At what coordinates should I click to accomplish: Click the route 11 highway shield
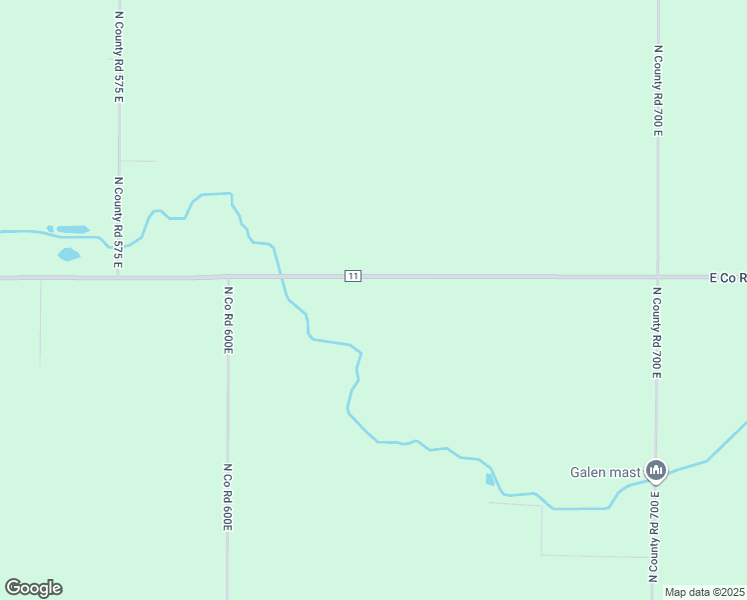coord(353,276)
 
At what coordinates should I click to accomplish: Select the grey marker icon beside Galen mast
coord(656,470)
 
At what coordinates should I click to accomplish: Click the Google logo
coord(33,588)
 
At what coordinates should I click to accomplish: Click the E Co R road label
coord(727,277)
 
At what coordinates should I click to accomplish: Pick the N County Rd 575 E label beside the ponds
coord(118,222)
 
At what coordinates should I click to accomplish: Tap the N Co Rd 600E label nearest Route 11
coord(228,320)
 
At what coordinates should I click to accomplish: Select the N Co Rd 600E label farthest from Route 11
coord(228,496)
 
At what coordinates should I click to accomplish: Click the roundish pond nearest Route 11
coord(68,254)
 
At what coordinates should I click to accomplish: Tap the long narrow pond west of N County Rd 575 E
coord(72,229)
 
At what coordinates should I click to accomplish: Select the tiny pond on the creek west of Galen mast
coord(489,480)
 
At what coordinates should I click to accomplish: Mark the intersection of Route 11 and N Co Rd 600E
coord(228,277)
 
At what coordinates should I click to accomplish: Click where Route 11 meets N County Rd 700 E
coord(657,277)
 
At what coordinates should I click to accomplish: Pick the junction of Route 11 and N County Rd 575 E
coord(119,277)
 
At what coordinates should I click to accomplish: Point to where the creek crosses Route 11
coord(280,277)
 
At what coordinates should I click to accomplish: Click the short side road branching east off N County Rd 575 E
coord(138,161)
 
